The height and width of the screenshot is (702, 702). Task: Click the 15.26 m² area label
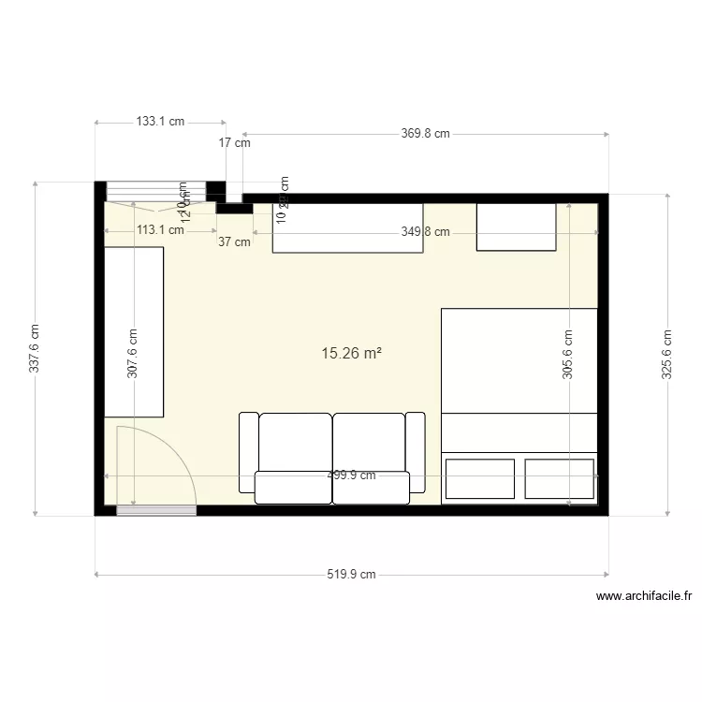click(351, 354)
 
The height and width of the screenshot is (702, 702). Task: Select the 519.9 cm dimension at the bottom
click(351, 575)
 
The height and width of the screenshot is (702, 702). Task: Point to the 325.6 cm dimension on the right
click(666, 354)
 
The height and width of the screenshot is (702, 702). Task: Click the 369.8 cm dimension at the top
click(425, 134)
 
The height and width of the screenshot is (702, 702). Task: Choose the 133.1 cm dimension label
click(160, 122)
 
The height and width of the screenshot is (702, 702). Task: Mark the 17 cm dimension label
click(234, 143)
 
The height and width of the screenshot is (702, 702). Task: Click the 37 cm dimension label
click(234, 241)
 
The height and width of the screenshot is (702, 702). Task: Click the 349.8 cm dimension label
click(425, 232)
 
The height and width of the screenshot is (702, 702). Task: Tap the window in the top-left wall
click(154, 192)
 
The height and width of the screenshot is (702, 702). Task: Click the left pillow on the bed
click(480, 478)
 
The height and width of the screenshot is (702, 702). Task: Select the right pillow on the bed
click(560, 478)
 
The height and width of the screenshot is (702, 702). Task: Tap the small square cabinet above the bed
click(518, 227)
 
